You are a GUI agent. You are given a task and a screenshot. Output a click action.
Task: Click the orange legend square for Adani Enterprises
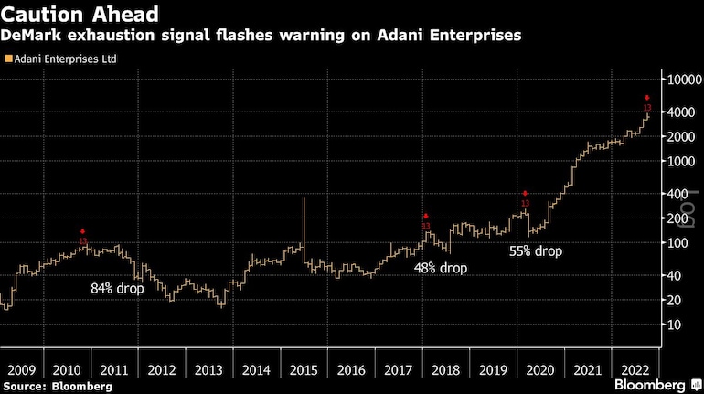tap(8, 59)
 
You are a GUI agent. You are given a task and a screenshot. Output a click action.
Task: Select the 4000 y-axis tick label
tap(677, 112)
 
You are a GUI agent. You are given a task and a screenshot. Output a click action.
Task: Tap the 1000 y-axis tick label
tap(677, 161)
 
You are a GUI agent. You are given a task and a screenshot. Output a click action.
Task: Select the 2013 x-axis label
tap(208, 370)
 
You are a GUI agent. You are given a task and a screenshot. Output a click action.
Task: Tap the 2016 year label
tap(350, 370)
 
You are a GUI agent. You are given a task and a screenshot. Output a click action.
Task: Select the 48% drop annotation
tap(440, 269)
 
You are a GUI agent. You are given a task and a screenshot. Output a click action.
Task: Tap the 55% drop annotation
tap(536, 250)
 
